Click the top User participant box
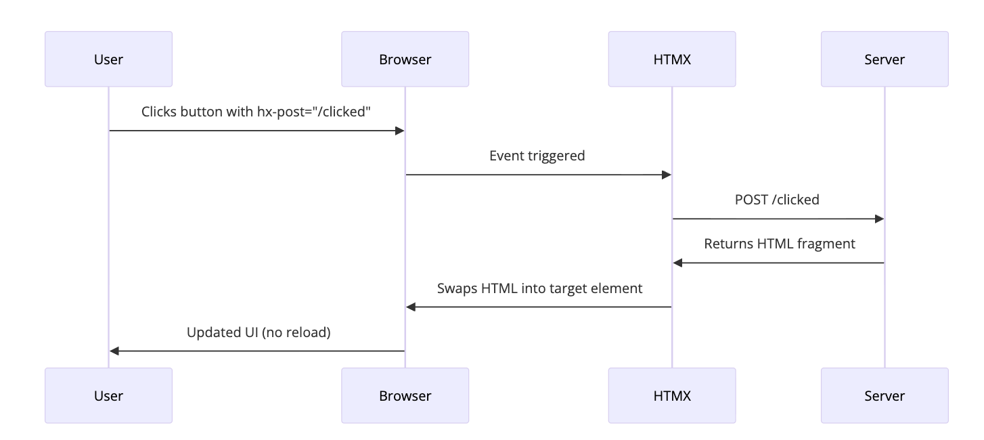point(108,59)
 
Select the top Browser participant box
point(405,59)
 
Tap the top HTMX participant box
point(671,59)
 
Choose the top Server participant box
point(884,59)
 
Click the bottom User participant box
point(108,395)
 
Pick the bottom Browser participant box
point(405,395)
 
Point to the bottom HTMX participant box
point(671,395)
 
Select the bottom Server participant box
point(884,395)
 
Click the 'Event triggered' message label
point(537,156)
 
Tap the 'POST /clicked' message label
point(777,200)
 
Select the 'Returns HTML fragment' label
point(779,244)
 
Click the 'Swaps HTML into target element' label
point(539,288)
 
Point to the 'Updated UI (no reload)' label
point(259,332)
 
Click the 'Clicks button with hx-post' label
point(256,112)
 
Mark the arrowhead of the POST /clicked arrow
point(879,219)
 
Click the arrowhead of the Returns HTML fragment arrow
point(677,263)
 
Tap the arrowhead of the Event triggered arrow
point(666,175)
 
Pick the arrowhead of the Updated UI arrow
point(114,351)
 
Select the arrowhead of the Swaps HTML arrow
point(411,307)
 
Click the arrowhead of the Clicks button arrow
point(399,131)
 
